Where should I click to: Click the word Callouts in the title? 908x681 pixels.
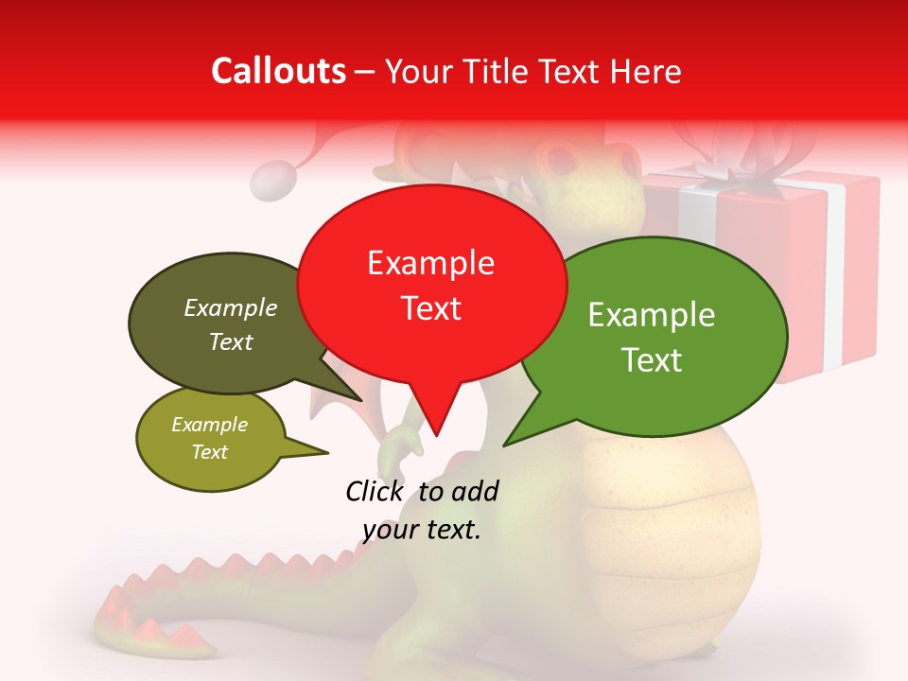(x=278, y=71)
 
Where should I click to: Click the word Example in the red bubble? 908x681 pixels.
(x=430, y=263)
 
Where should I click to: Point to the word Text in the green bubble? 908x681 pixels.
(x=653, y=359)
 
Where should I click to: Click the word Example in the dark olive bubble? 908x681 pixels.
(x=231, y=308)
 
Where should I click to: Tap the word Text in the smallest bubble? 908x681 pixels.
(x=210, y=452)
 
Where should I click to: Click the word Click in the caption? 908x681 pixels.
(x=375, y=491)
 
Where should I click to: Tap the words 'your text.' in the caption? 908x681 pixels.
(x=422, y=530)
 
